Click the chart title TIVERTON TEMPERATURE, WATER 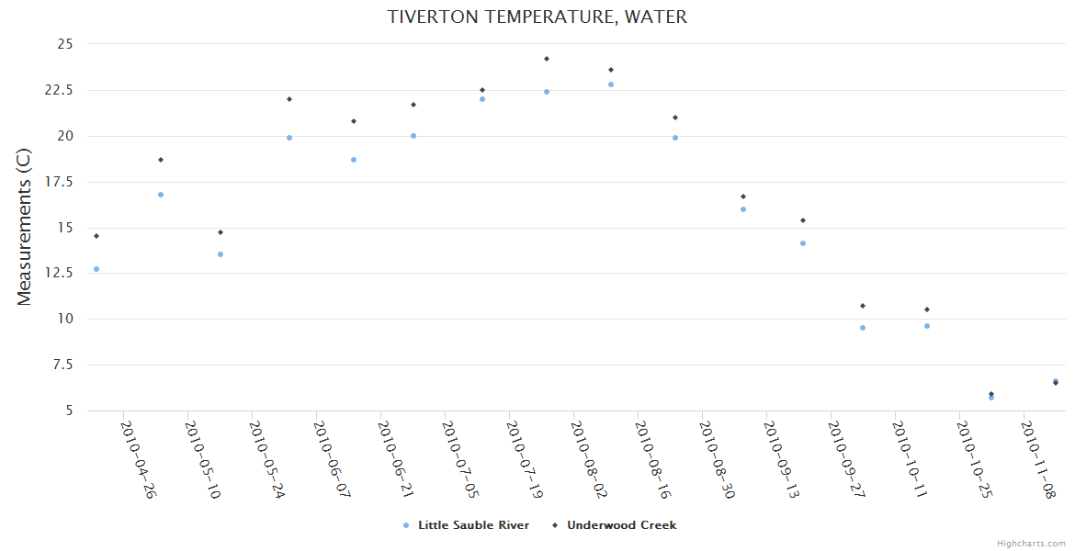537,17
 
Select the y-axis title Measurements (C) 25,228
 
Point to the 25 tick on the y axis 65,44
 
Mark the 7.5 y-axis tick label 62,365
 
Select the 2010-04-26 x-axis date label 138,459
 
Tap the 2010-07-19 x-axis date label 524,459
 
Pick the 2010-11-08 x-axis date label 1038,459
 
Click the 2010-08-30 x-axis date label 717,459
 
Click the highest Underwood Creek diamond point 547,59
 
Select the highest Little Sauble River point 611,84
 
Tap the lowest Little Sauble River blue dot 991,398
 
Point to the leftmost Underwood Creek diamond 96,236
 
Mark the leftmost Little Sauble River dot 96,269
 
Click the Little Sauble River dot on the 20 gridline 413,136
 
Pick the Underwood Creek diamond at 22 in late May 289,99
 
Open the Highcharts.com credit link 1031,544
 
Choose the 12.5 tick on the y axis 59,273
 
